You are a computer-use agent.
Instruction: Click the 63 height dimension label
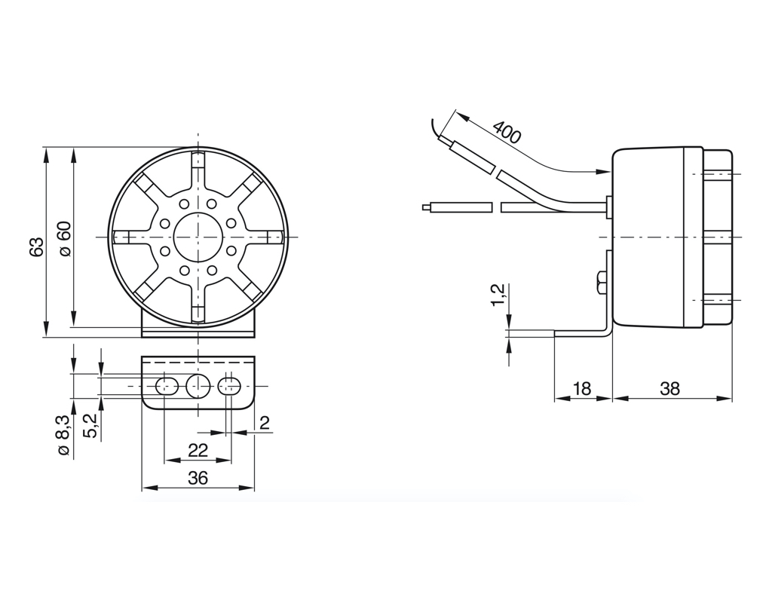[36, 247]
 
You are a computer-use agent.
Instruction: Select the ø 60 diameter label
[64, 239]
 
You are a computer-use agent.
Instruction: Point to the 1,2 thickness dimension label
[498, 295]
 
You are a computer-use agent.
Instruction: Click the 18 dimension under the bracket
[582, 389]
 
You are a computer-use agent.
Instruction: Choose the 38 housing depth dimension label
[670, 389]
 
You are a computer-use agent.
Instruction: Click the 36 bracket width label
[198, 477]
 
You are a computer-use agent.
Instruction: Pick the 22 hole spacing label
[198, 450]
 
